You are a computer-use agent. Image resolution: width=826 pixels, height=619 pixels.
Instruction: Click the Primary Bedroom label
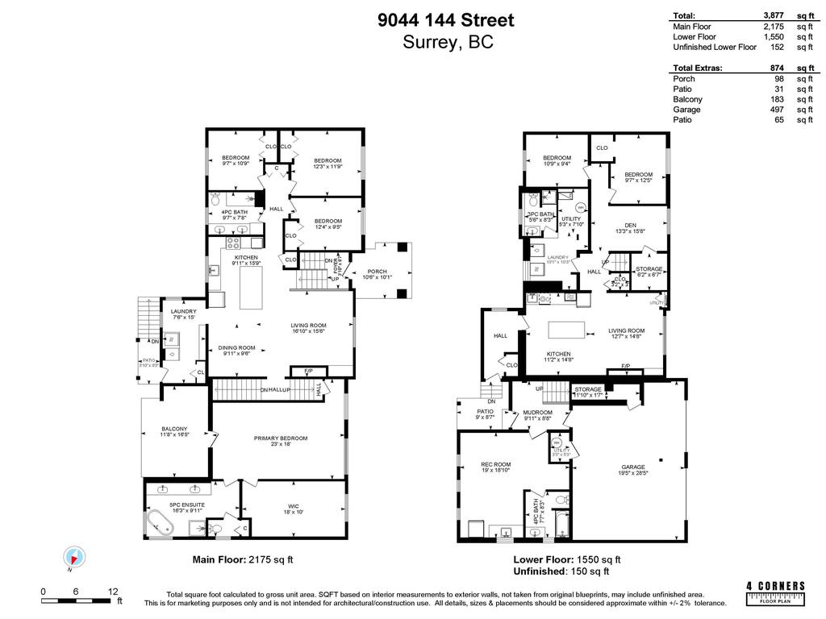point(281,438)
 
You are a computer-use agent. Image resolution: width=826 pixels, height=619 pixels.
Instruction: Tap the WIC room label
point(294,506)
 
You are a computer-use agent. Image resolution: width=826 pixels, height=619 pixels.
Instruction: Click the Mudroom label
point(537,413)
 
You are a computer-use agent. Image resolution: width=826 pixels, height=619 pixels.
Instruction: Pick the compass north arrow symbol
point(74,557)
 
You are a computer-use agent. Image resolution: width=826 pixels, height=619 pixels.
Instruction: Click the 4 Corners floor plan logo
point(775,592)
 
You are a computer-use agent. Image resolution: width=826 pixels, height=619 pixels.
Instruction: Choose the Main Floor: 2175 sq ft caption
point(242,559)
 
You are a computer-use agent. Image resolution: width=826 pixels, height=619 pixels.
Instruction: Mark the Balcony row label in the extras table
point(687,99)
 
